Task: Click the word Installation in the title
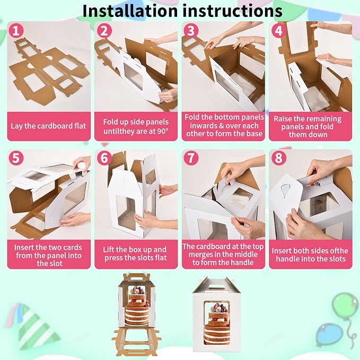point(130,11)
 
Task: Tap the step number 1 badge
point(16,31)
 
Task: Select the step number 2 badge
point(104,31)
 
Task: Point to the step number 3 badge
point(191,31)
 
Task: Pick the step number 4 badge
point(279,31)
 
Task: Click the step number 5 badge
point(16,157)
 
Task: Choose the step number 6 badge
point(104,157)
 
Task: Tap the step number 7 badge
point(191,157)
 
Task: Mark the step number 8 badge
point(279,157)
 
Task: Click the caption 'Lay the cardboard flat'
point(48,126)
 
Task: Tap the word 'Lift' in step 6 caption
point(108,250)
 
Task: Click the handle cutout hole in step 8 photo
point(286,190)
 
